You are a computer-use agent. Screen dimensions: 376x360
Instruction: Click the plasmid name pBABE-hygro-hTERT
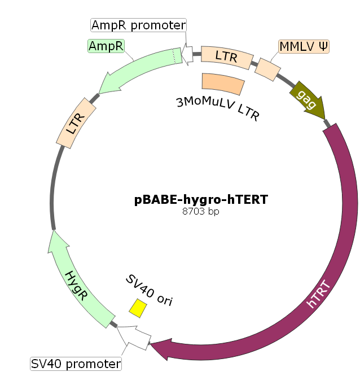pos(201,199)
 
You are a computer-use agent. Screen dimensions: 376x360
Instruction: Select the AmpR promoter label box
pos(138,25)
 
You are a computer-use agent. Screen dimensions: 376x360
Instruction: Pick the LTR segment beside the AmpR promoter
pos(226,56)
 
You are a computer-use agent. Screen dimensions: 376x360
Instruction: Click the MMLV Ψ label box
pos(304,47)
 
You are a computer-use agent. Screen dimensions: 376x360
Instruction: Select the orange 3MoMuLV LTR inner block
pos(223,84)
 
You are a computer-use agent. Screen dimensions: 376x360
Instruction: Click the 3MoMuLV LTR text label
pos(218,108)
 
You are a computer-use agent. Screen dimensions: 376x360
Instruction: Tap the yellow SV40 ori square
pos(138,308)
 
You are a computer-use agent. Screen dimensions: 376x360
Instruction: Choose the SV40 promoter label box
pos(76,363)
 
